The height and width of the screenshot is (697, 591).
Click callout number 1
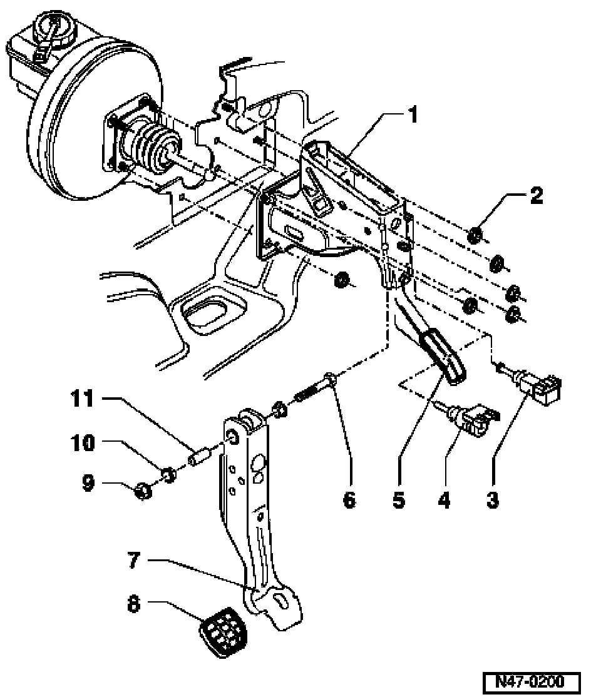414,114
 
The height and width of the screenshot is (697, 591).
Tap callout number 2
537,195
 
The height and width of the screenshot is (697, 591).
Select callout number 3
492,500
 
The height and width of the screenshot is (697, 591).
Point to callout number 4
444,500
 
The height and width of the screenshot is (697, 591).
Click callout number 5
399,500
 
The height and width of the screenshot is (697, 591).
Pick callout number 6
349,500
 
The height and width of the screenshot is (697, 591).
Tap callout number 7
134,559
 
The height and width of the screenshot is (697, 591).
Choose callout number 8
133,604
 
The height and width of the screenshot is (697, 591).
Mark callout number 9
88,482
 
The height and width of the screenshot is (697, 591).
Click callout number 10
83,443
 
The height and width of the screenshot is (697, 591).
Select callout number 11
83,399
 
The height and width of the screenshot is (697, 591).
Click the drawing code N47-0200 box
532,681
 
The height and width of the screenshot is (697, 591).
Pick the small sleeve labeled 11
199,457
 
